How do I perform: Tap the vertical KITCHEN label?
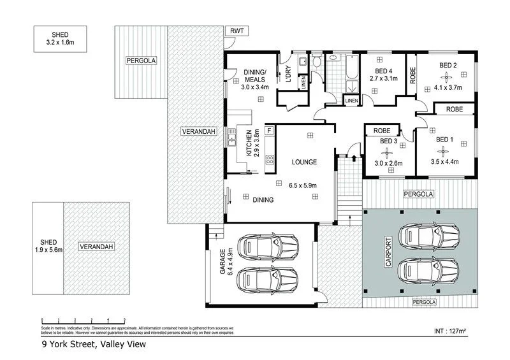pos(249,143)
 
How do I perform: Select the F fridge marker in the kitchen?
pos(269,131)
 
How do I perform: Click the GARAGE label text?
pos(222,262)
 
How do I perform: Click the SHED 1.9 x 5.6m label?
pos(48,247)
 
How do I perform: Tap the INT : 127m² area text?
pos(449,331)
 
